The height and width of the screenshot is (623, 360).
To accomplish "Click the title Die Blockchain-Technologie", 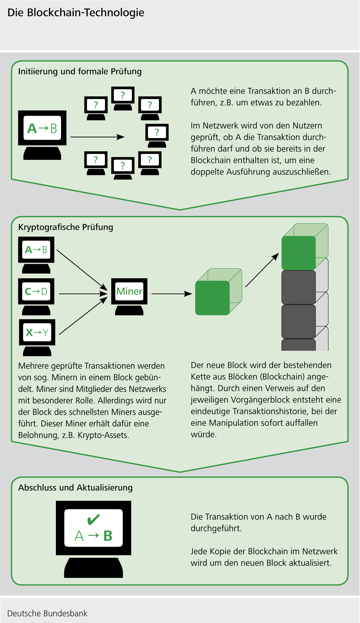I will tap(76, 13).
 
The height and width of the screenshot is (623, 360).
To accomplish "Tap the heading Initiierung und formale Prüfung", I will tap(80, 71).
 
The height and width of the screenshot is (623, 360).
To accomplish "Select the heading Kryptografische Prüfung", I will tap(66, 227).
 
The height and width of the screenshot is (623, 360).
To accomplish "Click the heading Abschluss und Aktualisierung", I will tap(75, 488).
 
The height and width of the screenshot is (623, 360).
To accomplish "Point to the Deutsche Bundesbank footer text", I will tap(47, 613).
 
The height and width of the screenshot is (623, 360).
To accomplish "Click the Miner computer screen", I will tap(129, 291).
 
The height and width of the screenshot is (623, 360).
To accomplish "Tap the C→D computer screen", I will tap(36, 291).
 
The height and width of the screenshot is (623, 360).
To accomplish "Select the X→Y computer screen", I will tap(37, 332).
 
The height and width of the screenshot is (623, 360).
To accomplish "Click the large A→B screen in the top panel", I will tap(42, 128).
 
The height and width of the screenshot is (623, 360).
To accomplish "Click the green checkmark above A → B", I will tap(93, 519).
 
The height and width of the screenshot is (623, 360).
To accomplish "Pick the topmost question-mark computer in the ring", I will tap(123, 95).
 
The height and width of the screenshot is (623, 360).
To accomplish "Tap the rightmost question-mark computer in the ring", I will tap(157, 132).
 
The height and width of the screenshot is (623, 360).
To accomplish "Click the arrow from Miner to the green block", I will tap(171, 294).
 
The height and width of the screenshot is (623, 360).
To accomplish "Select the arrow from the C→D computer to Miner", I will tap(83, 294).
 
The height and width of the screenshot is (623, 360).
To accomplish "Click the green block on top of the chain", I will tap(299, 253).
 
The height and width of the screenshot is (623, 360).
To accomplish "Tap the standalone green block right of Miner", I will tap(213, 298).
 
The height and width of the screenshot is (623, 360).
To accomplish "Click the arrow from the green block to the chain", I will tap(262, 270).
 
